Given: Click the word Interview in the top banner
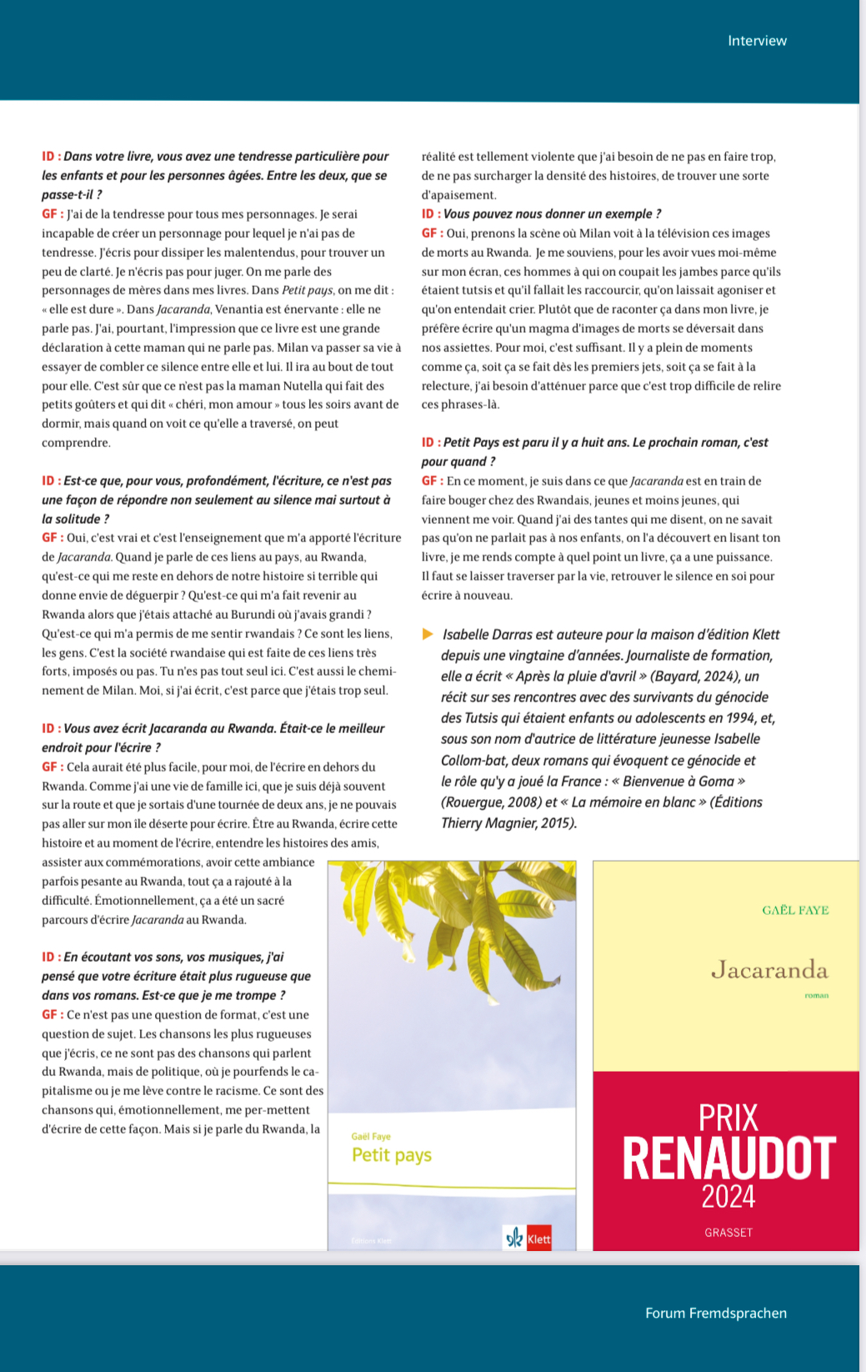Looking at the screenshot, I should point(757,41).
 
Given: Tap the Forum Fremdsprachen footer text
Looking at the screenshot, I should point(715,1313).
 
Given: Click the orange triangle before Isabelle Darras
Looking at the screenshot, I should point(428,634).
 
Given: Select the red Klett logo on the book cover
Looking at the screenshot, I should point(538,1239).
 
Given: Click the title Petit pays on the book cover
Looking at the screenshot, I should point(392,1155).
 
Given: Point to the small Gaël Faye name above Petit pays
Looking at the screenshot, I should point(371,1136).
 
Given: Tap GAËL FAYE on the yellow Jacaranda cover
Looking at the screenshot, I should point(795,910).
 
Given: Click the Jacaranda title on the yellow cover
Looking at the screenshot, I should point(768,969).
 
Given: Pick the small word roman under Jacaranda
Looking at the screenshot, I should point(816,995).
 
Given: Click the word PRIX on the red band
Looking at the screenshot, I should point(728,1118).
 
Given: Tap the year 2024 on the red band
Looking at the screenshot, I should point(728,1197).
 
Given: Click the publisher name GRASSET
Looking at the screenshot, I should point(728,1233).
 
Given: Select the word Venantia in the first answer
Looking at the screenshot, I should point(238,309).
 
